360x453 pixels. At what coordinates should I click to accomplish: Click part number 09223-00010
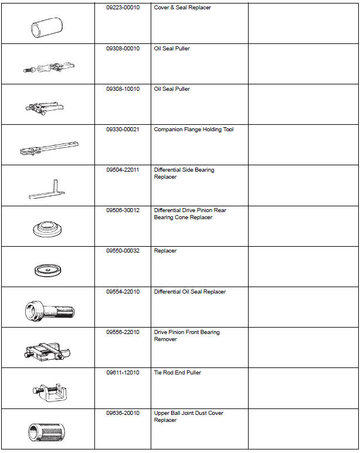(x=123, y=8)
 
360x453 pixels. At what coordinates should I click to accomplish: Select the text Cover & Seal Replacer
(x=182, y=8)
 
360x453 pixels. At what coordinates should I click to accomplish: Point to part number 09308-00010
(x=123, y=49)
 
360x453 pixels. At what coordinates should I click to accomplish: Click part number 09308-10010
(x=123, y=89)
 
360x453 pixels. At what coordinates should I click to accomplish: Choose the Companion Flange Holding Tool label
(x=193, y=130)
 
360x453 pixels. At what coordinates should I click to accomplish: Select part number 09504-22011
(x=123, y=170)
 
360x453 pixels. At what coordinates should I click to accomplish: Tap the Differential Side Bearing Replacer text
(x=184, y=173)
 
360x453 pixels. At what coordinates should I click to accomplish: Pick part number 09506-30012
(x=123, y=210)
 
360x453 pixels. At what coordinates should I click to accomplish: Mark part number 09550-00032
(x=123, y=251)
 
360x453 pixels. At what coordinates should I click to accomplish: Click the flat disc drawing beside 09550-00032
(x=47, y=271)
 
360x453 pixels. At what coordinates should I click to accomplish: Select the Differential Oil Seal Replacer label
(x=189, y=292)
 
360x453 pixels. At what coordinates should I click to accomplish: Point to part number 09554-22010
(x=123, y=292)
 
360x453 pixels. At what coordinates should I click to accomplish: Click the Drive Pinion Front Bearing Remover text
(x=186, y=336)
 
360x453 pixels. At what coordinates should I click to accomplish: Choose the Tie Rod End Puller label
(x=177, y=373)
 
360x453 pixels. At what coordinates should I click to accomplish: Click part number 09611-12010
(x=123, y=373)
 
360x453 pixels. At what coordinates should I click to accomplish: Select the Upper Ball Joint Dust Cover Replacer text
(x=188, y=417)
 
